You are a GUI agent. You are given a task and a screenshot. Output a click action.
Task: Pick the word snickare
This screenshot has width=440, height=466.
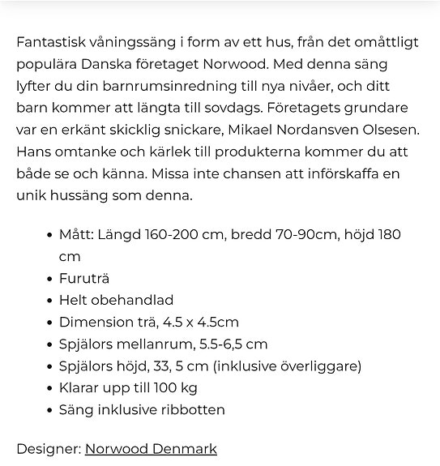[190, 130]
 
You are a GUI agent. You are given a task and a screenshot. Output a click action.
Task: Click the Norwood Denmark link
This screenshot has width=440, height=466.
[151, 448]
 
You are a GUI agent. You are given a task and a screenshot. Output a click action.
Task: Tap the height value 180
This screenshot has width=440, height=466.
[390, 234]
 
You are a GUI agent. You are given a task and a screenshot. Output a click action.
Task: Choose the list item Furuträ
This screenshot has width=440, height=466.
[83, 278]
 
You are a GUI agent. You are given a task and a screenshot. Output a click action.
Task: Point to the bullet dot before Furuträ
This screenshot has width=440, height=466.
[49, 278]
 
